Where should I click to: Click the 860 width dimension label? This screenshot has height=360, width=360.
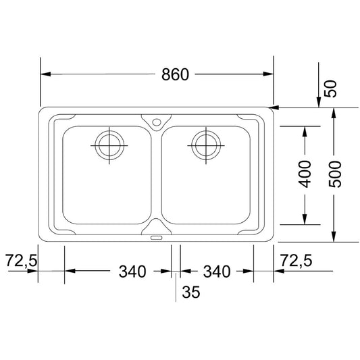[x=175, y=74]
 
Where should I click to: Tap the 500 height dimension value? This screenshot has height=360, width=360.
[x=335, y=174]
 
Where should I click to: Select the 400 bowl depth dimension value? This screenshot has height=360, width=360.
[x=305, y=174]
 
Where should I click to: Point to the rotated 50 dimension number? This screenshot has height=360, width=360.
[x=330, y=88]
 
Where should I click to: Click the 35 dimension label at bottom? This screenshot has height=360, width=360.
[x=191, y=292]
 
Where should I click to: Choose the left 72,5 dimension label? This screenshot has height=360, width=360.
[x=21, y=260]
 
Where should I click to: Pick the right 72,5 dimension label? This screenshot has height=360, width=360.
[x=297, y=260]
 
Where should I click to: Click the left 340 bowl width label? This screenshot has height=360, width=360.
[x=132, y=272]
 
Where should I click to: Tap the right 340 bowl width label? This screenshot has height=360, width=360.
[x=217, y=272]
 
